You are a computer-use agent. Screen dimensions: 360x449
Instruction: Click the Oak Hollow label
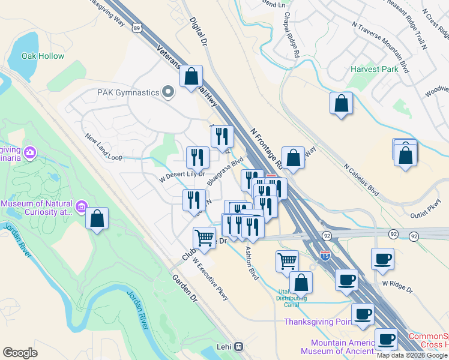click(43, 56)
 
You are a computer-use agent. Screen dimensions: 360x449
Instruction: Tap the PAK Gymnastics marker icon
click(168, 92)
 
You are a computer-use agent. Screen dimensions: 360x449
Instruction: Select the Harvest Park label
click(375, 70)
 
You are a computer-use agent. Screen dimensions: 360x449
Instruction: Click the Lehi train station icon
click(239, 346)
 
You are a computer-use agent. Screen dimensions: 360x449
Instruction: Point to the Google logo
click(20, 353)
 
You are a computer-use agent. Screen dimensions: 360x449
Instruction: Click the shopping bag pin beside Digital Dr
click(191, 77)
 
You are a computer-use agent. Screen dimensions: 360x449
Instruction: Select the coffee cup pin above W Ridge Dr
click(382, 259)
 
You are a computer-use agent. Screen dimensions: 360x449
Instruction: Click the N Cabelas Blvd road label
click(362, 178)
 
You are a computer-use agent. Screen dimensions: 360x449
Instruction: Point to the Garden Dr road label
click(185, 289)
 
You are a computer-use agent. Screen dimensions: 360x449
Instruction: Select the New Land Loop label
click(103, 148)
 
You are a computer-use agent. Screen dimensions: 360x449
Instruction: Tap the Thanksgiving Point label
click(318, 322)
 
